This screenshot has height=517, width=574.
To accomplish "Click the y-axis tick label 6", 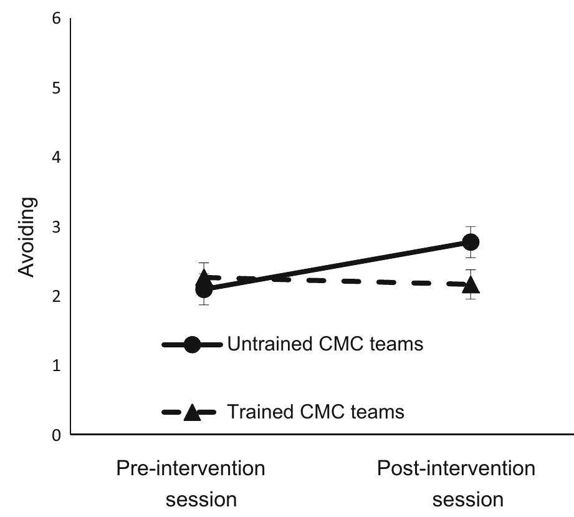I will tap(57, 19).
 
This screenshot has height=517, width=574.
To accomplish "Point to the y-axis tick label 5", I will tap(57, 89).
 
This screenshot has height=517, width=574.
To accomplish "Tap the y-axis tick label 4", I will tap(57, 158).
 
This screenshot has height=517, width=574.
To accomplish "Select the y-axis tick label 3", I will tap(57, 227).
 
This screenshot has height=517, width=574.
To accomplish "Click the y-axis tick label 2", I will tap(57, 296).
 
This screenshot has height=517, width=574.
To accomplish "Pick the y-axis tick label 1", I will tap(57, 365).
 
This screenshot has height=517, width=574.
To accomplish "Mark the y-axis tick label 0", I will tap(57, 435).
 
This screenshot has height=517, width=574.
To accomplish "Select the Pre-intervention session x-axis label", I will tap(191, 483).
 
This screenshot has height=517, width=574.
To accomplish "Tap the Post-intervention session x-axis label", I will tap(456, 483).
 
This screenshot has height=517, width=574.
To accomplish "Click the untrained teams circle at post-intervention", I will tap(471, 242).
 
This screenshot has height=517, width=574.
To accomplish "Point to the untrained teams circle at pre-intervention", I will tap(204, 289).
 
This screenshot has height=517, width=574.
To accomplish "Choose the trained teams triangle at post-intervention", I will tap(471, 285).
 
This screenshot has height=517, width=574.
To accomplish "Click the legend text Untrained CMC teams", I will tap(325, 344).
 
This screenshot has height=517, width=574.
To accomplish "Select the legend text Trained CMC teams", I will tap(315, 412).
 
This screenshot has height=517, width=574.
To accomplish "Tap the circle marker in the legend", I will tap(192, 344).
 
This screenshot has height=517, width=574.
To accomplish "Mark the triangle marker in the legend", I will tap(192, 412).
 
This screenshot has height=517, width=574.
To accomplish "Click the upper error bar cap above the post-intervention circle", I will tap(471, 226).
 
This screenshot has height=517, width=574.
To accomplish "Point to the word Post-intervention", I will tap(456, 468).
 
